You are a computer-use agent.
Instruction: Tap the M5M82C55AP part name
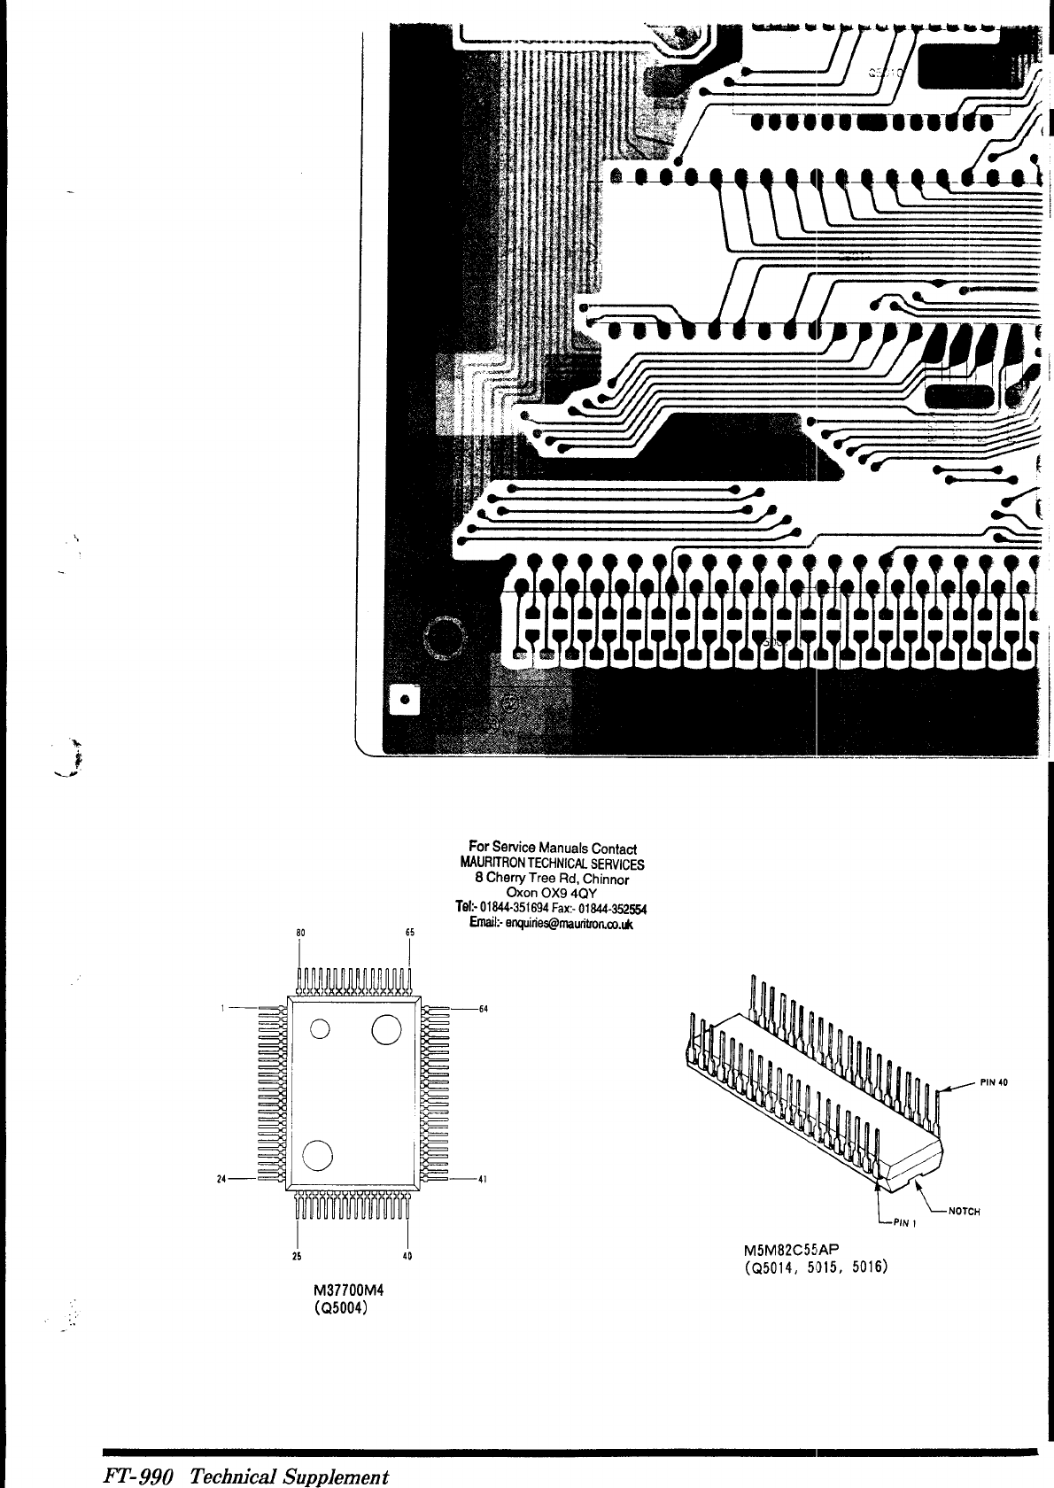(x=790, y=1251)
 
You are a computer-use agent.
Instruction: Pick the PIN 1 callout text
(x=903, y=1224)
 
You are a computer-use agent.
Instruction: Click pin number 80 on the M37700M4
(x=300, y=933)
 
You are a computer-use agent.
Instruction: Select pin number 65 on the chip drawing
(x=409, y=933)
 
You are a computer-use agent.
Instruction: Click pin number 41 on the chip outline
(x=484, y=1180)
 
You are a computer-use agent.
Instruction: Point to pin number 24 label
(x=221, y=1179)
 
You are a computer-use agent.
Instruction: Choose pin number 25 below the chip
(x=297, y=1255)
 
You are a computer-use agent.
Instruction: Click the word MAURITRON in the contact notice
(x=490, y=864)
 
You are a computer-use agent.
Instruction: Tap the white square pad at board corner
(x=406, y=699)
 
